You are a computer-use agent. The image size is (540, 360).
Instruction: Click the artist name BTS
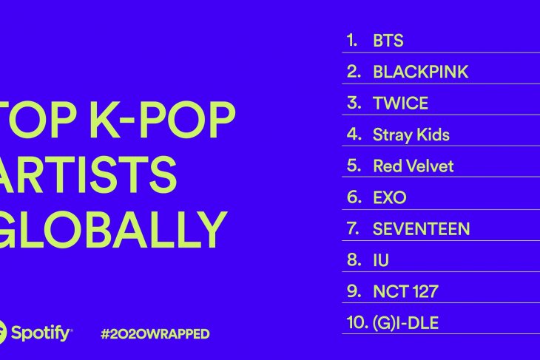388,41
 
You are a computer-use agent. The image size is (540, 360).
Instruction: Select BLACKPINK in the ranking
420,72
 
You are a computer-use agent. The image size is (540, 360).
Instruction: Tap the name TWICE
400,103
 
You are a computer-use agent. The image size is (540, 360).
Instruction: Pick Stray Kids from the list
411,135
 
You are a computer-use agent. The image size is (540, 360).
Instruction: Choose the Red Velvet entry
414,166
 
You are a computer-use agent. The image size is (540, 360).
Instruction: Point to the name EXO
390,197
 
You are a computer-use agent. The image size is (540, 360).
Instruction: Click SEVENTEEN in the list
421,228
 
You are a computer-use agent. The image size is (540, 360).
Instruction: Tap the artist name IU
381,260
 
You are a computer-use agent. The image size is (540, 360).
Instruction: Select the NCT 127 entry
405,291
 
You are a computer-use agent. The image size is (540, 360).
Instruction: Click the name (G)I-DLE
405,323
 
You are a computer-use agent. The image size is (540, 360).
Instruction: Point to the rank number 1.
352,41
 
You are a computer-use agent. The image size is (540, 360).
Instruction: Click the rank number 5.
354,166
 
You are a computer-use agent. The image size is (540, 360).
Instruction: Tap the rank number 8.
354,259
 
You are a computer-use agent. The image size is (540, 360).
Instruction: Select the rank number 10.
357,322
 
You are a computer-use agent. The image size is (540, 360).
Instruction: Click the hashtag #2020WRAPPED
155,334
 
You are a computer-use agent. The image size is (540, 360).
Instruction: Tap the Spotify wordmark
41,333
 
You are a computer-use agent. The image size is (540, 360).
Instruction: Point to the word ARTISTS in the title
87,174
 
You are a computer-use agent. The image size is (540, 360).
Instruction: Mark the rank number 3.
354,103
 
